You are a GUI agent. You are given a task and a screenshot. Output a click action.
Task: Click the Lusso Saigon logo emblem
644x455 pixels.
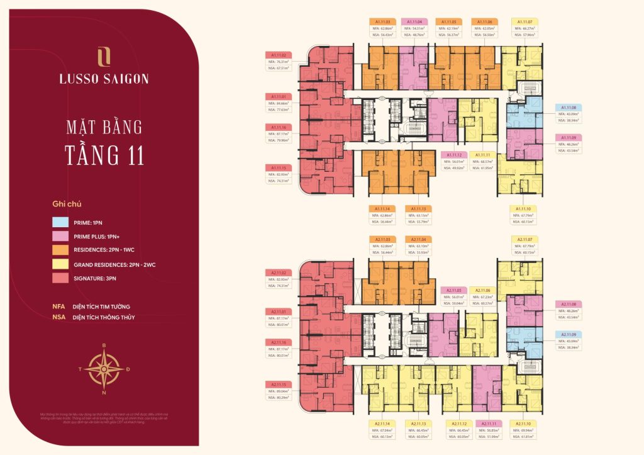pyautogui.click(x=104, y=57)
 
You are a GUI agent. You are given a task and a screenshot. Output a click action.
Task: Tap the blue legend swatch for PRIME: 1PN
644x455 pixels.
pyautogui.click(x=61, y=222)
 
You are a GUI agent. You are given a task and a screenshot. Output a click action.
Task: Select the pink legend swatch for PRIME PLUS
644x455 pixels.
pyautogui.click(x=61, y=236)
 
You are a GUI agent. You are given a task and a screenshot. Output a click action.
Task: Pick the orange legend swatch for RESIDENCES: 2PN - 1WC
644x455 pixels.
pyautogui.click(x=61, y=250)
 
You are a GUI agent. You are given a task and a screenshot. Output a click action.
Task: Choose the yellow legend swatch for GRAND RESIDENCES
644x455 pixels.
pyautogui.click(x=61, y=264)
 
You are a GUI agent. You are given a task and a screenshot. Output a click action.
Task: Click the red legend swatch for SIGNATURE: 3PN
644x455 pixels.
pyautogui.click(x=61, y=279)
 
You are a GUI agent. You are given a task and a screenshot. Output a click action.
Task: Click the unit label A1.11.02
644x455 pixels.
pyautogui.click(x=277, y=55)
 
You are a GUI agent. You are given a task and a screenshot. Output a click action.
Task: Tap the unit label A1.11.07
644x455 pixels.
pyautogui.click(x=523, y=21)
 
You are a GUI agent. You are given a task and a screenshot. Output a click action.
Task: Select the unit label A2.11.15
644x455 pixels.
pyautogui.click(x=277, y=385)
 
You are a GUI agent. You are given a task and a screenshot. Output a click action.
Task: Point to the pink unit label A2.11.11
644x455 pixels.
pyautogui.click(x=487, y=424)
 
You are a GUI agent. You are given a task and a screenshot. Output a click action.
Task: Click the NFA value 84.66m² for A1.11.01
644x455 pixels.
pyautogui.click(x=283, y=103)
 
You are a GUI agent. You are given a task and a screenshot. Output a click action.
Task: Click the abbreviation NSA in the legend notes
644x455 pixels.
pyautogui.click(x=59, y=317)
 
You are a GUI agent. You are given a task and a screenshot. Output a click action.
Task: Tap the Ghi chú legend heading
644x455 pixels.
pyautogui.click(x=67, y=205)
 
